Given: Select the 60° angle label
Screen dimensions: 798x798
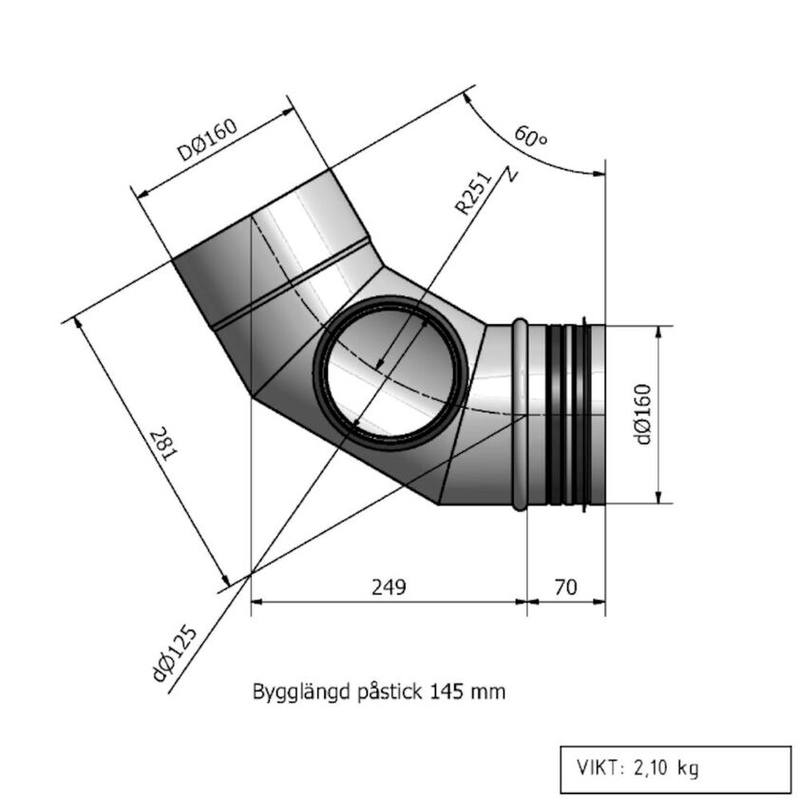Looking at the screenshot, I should [531, 136].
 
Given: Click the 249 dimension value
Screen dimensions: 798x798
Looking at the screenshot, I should [387, 587].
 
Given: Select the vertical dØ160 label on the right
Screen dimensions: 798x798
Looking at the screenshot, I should [643, 413].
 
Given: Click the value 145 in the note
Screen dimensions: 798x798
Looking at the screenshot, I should [446, 692].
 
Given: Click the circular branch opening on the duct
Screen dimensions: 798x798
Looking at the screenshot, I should [389, 368].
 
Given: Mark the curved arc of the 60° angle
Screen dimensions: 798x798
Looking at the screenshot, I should [532, 158].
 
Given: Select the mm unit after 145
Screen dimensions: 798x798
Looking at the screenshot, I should [489, 693].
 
